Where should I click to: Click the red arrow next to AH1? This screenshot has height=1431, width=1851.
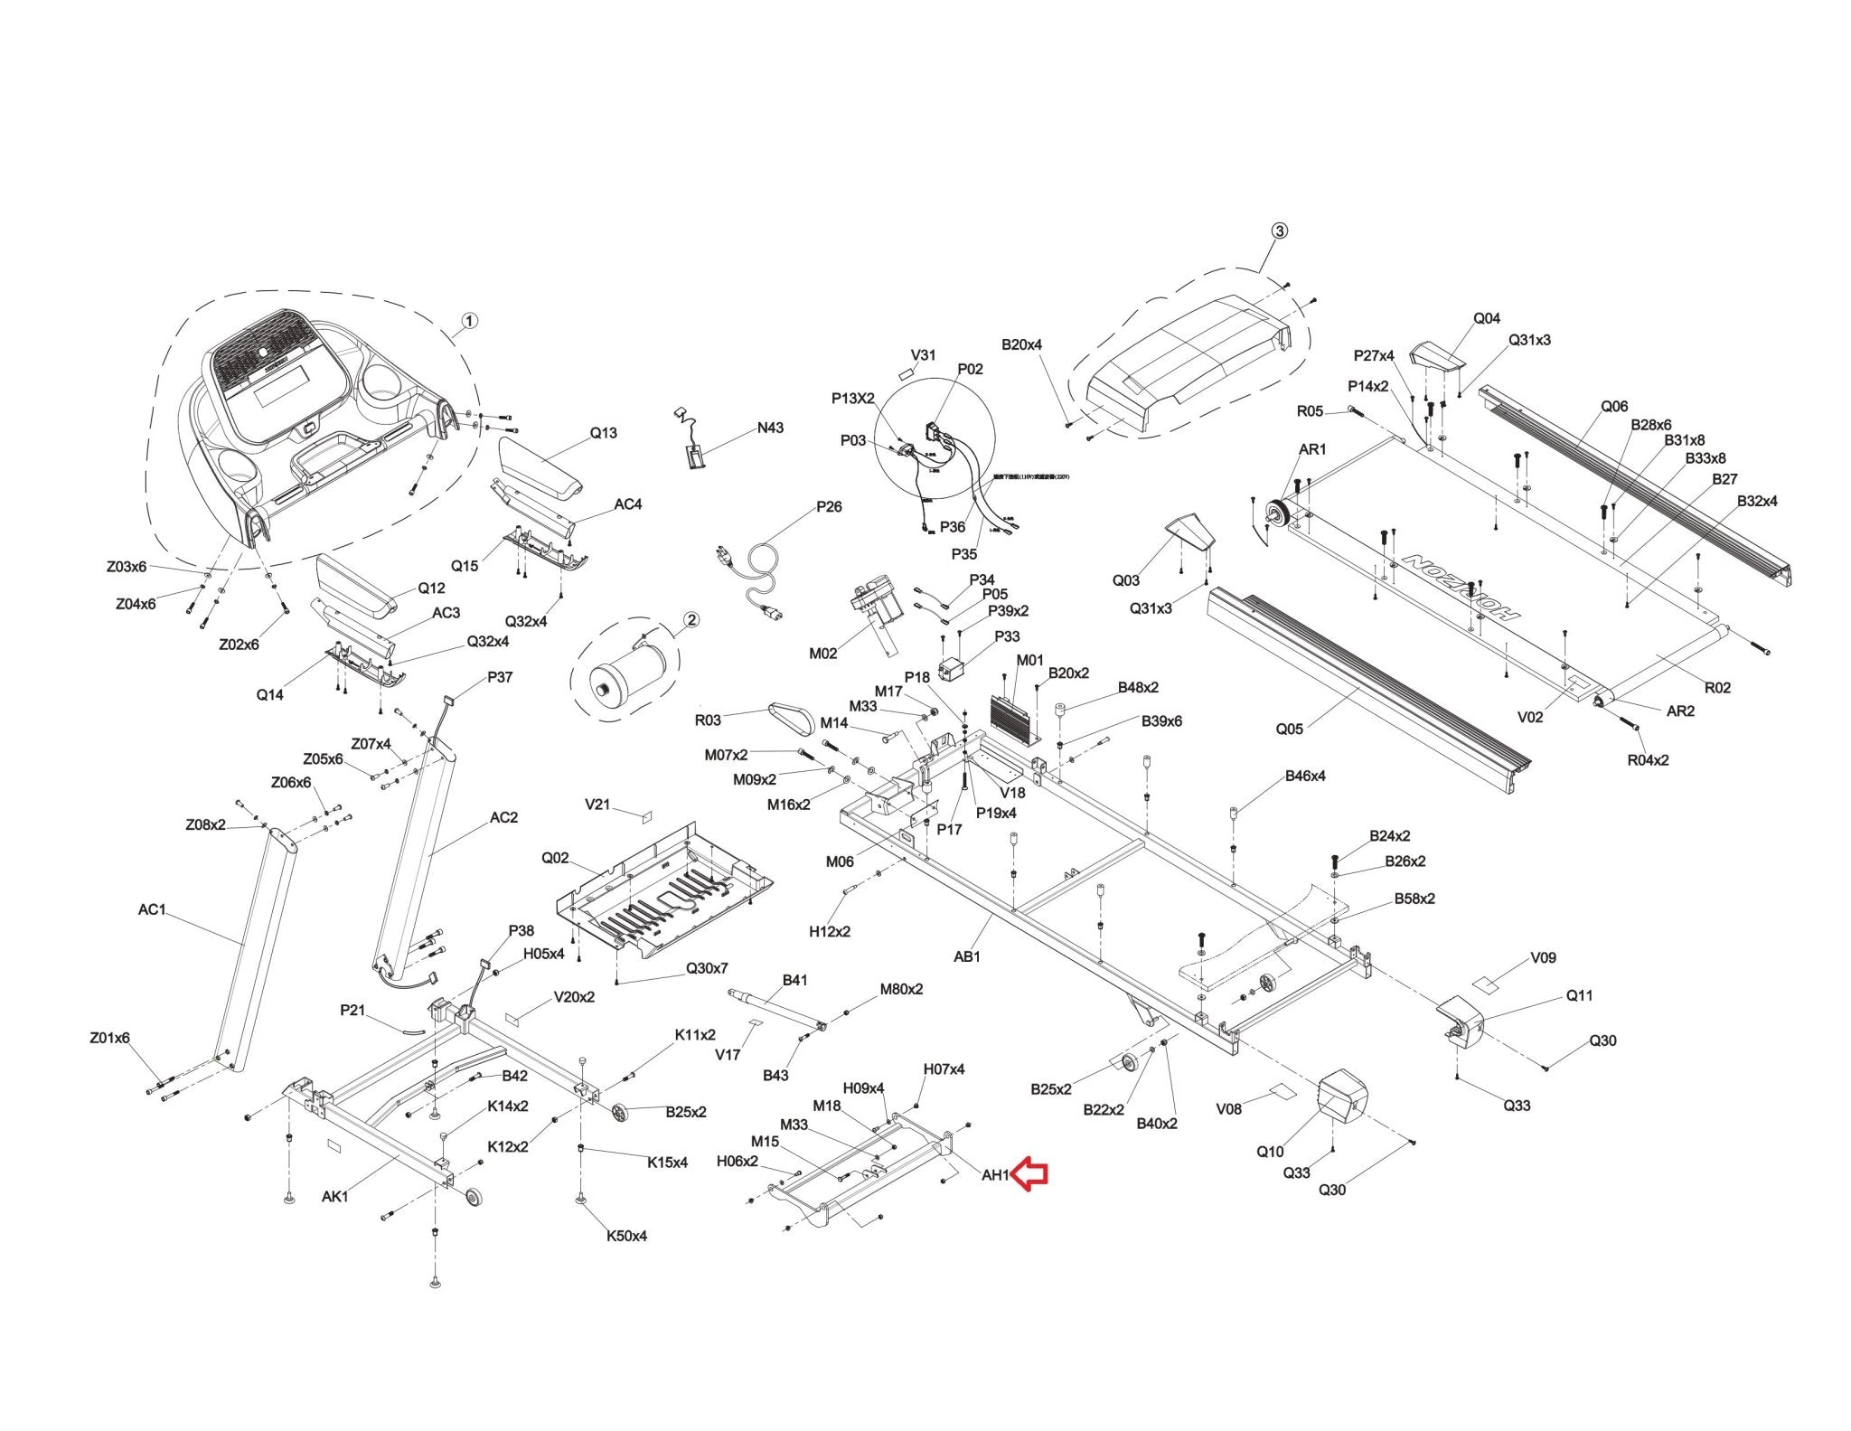pyautogui.click(x=1029, y=1174)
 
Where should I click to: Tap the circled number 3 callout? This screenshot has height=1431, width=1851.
pyautogui.click(x=1279, y=231)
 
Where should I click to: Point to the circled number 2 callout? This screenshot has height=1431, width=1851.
pyautogui.click(x=691, y=620)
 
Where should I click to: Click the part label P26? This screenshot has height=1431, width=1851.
pyautogui.click(x=829, y=506)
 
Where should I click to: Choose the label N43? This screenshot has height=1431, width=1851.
pyautogui.click(x=770, y=428)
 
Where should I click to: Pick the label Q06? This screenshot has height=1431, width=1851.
pyautogui.click(x=1614, y=406)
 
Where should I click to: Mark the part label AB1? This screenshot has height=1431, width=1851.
pyautogui.click(x=967, y=956)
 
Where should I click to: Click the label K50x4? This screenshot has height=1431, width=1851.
pyautogui.click(x=626, y=1236)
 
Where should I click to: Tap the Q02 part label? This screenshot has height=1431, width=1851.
pyautogui.click(x=555, y=858)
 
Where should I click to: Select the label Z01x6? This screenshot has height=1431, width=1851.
pyautogui.click(x=109, y=1038)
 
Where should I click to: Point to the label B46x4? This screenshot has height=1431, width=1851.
pyautogui.click(x=1305, y=776)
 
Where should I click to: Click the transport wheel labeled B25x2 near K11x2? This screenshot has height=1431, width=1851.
pyautogui.click(x=619, y=1114)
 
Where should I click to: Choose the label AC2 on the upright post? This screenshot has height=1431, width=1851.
pyautogui.click(x=503, y=817)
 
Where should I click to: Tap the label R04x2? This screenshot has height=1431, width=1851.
pyautogui.click(x=1648, y=759)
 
